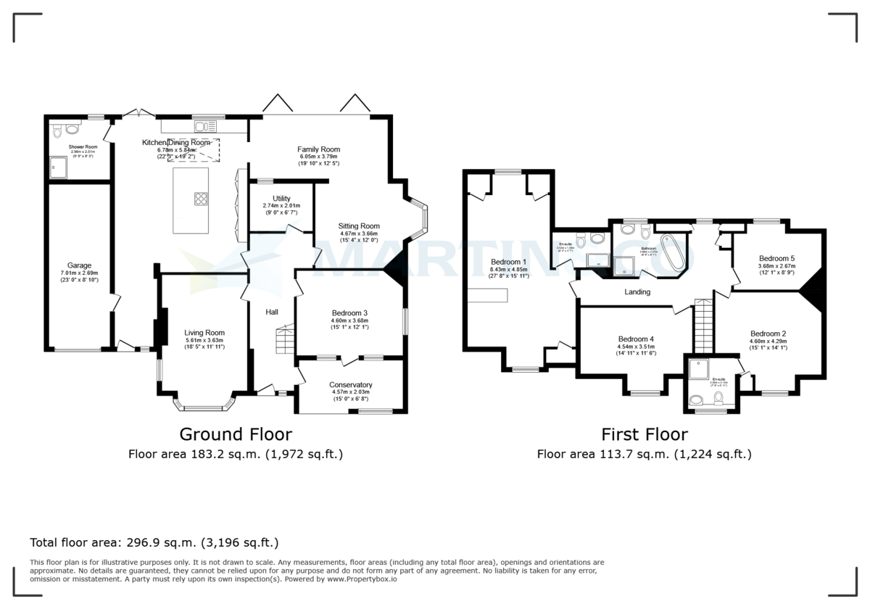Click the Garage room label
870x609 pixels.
click(x=79, y=265)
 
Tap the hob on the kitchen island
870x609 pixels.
click(x=200, y=199)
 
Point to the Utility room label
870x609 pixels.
click(x=281, y=199)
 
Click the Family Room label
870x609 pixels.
click(x=318, y=149)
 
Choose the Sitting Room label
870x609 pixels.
click(x=359, y=226)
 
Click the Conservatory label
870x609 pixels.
click(x=351, y=385)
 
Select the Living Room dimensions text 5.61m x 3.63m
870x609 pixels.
click(x=204, y=340)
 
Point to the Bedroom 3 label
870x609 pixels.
click(x=351, y=313)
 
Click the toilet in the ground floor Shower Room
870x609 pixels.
click(x=71, y=130)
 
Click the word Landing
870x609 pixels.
click(x=637, y=292)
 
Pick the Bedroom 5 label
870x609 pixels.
click(x=777, y=258)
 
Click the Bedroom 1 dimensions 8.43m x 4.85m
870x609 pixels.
click(x=508, y=270)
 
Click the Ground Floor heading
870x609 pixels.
click(x=236, y=434)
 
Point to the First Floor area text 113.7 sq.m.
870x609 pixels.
click(x=644, y=455)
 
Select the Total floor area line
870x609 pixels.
click(x=154, y=542)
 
